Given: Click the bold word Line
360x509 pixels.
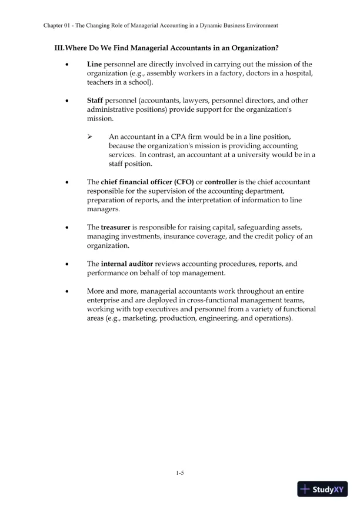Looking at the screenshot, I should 95,64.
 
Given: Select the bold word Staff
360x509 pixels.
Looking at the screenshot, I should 95,101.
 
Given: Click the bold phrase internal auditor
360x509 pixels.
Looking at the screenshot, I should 127,264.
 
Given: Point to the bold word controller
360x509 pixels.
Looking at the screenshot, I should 222,182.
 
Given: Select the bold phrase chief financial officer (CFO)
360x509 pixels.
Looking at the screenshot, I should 143,182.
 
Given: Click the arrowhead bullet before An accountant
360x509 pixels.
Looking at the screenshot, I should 91,137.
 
